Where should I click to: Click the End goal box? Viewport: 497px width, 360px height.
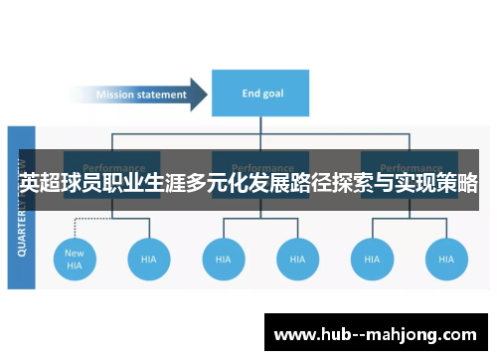coord(261,94)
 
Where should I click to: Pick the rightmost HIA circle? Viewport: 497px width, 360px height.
coord(446,259)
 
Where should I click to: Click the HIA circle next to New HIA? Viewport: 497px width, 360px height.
coord(149,259)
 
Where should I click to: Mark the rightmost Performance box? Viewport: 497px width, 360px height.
coord(410,167)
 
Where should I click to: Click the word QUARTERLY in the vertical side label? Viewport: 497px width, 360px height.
coord(22,224)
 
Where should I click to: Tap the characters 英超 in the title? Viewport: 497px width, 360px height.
coord(38,185)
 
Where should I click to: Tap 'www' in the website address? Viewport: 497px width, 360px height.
coord(295,331)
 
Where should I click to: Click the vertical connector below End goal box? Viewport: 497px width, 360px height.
coord(261,126)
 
